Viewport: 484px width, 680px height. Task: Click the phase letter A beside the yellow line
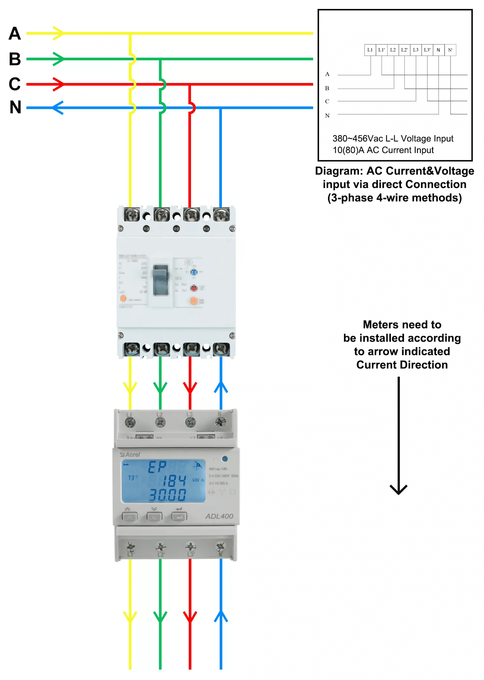[15, 33]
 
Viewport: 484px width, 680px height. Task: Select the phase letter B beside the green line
[15, 59]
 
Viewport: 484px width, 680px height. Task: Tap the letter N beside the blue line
[15, 108]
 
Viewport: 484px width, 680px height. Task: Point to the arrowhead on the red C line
[59, 84]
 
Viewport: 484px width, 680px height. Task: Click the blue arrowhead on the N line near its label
[57, 108]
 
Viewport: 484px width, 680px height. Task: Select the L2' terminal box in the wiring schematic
[404, 50]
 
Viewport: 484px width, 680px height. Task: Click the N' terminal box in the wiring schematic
[450, 50]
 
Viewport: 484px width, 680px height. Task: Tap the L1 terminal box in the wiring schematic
[370, 50]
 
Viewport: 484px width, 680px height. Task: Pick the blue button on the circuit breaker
[194, 272]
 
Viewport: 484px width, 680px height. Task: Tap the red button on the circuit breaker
[194, 288]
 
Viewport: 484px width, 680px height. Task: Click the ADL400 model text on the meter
[219, 516]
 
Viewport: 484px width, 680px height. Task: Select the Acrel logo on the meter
[130, 455]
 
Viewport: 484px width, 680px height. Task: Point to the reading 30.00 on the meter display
[168, 495]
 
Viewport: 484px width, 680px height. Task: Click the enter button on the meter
[179, 517]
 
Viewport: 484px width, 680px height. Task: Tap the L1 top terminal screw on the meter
[130, 422]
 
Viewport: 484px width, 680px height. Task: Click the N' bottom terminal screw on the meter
[220, 546]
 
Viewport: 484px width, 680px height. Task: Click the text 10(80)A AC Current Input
[383, 150]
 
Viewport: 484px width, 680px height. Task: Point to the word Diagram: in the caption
[339, 171]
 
